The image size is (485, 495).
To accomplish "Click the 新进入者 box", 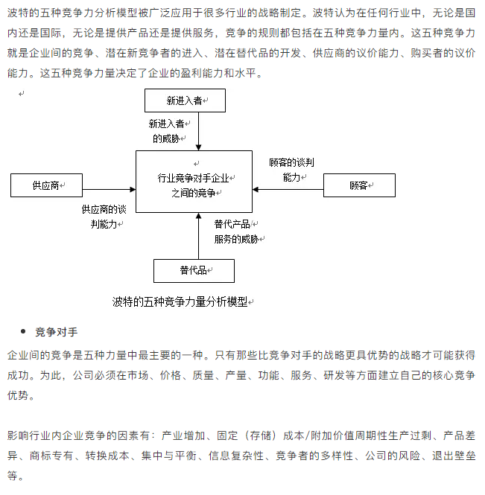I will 185,100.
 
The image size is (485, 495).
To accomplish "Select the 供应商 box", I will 45,185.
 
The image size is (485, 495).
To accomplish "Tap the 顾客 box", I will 358,185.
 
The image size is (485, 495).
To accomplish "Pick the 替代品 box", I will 193,270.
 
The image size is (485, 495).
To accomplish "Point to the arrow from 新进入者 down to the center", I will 198,131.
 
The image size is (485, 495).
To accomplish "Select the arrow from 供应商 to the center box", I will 108,186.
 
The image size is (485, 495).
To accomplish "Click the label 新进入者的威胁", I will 166,130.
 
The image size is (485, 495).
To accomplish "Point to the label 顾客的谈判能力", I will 291,170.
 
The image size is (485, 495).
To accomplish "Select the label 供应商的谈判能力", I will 104,216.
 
